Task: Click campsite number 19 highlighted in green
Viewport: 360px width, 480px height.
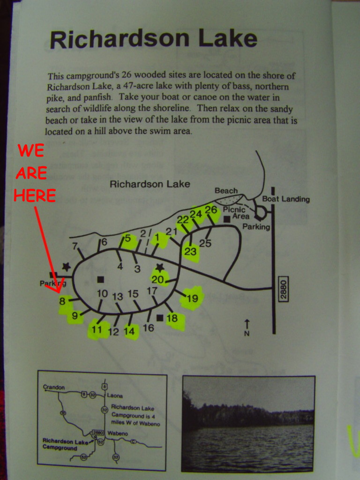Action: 192,299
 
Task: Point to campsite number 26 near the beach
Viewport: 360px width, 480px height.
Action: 211,210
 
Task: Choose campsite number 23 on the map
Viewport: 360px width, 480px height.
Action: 190,252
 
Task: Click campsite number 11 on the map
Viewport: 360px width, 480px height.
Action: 97,330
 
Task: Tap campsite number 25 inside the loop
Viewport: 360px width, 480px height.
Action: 205,243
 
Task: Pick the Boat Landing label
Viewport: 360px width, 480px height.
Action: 286,199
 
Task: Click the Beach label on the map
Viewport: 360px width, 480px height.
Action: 226,191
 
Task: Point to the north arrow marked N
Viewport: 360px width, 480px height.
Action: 247,327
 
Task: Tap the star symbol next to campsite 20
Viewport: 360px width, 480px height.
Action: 160,267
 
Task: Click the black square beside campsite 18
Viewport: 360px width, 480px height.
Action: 160,318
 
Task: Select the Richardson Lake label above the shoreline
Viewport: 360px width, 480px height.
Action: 150,184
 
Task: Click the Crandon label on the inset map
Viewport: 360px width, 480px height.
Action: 54,387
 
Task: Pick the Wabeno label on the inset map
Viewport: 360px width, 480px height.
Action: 117,433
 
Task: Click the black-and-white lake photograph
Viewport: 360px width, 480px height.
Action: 248,423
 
